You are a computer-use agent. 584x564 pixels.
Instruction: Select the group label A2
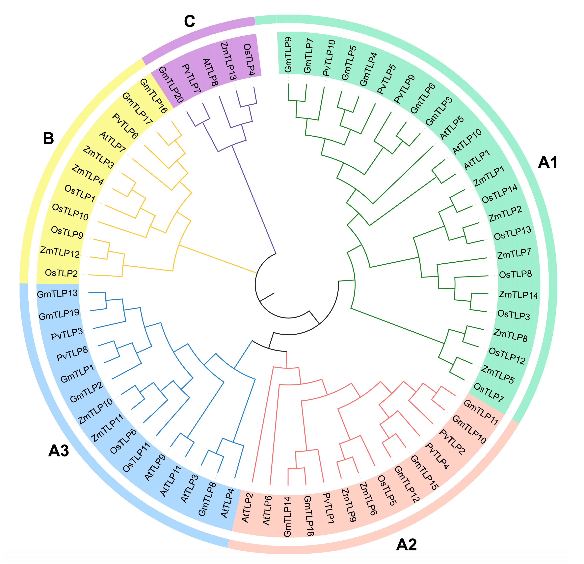point(406,545)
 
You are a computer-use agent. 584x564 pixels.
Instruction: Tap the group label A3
point(59,451)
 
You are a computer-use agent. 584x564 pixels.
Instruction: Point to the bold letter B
point(49,138)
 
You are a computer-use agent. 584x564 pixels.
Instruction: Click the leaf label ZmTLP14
point(518,295)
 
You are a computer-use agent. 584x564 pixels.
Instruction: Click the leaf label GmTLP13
point(57,294)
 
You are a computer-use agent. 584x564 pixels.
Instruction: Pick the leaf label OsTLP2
point(61,273)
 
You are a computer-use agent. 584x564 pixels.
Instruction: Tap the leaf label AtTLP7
point(113,142)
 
